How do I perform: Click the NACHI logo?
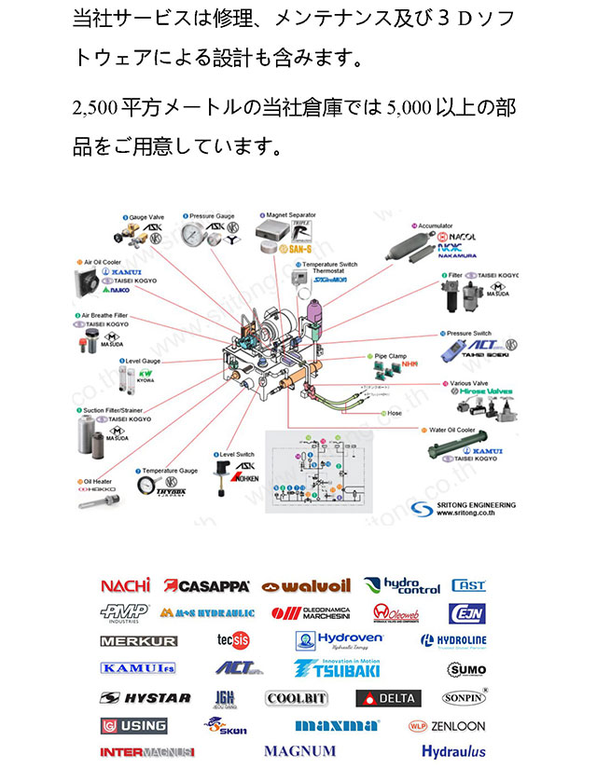tap(125, 585)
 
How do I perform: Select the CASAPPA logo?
tap(206, 585)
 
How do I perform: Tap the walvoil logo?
tap(306, 586)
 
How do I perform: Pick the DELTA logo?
tap(388, 698)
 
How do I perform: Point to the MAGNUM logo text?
tap(299, 750)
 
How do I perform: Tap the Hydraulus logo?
tap(453, 751)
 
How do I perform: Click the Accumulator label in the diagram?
tap(435, 226)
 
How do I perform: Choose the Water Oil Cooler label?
tap(453, 431)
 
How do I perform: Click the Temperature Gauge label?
tap(170, 472)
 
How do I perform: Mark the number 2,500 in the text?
tap(94, 109)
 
